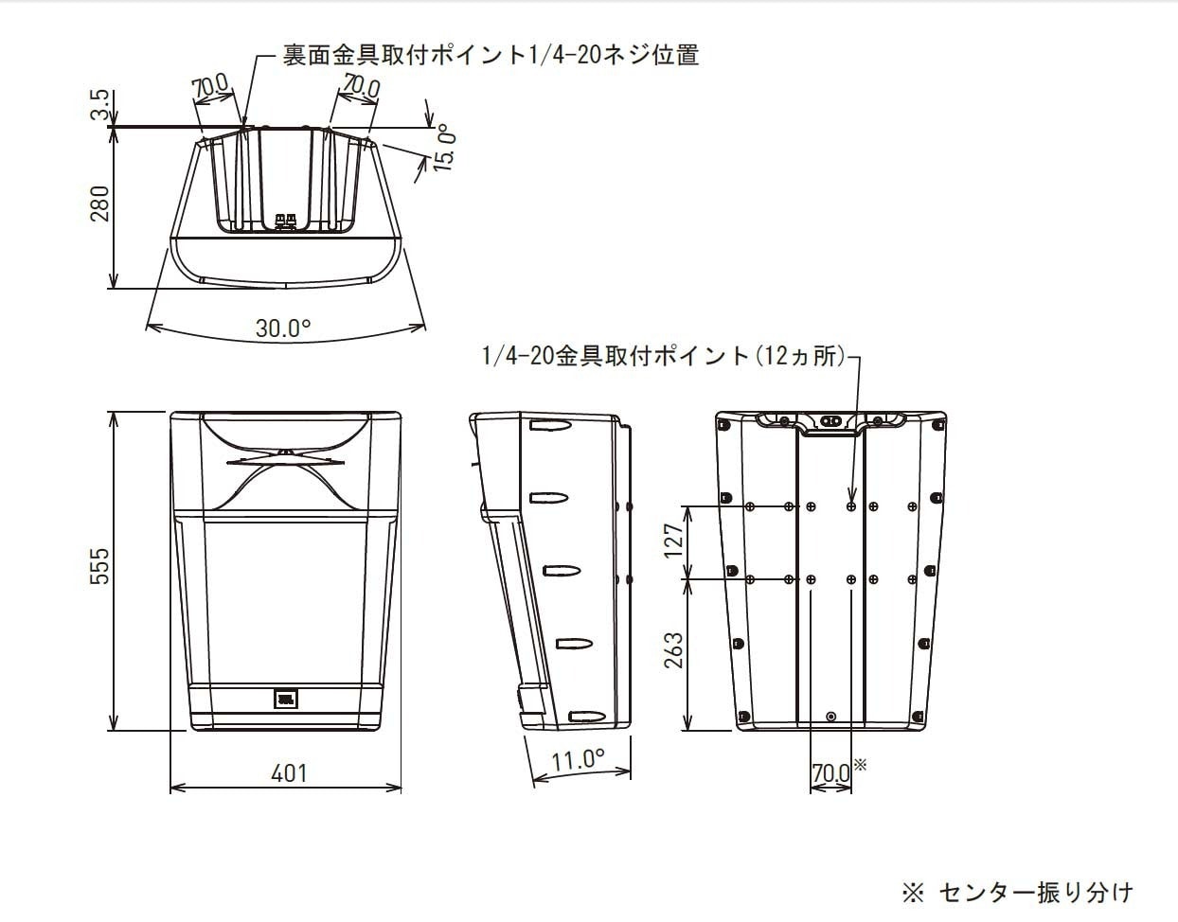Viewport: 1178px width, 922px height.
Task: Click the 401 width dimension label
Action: [x=289, y=773]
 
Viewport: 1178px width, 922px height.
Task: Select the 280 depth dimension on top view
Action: [x=99, y=204]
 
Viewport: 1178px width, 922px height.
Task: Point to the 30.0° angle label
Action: [x=282, y=328]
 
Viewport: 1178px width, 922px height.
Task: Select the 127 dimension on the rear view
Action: [x=673, y=541]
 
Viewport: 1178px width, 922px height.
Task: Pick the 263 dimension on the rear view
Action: [x=673, y=651]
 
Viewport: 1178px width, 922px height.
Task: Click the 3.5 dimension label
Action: [x=100, y=105]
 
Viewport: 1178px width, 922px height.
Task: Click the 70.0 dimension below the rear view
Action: [x=831, y=773]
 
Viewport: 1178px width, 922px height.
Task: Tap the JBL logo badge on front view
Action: [x=286, y=700]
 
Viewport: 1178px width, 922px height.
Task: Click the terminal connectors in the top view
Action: [x=285, y=222]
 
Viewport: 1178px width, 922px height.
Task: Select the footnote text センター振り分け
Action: [x=1035, y=892]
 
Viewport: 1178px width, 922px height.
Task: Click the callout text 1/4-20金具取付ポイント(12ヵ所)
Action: [x=663, y=356]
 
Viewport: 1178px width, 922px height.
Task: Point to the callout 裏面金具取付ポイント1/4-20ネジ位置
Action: [x=491, y=55]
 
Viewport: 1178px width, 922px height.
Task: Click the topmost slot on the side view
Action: [x=550, y=427]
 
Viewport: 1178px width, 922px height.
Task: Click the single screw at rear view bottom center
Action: [x=830, y=717]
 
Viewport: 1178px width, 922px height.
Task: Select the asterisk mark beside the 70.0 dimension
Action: [x=860, y=763]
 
